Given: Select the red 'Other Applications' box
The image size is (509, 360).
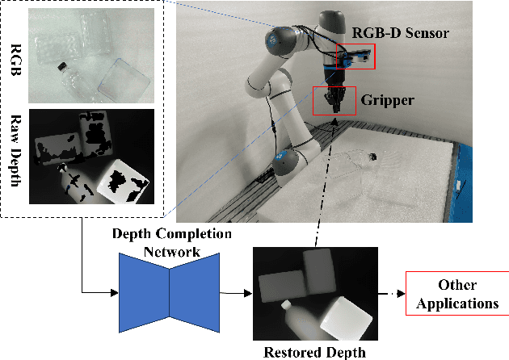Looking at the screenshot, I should [x=457, y=295].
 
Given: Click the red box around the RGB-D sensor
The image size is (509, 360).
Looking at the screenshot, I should [x=355, y=57].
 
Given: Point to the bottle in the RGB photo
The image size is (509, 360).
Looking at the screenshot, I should [x=68, y=77].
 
